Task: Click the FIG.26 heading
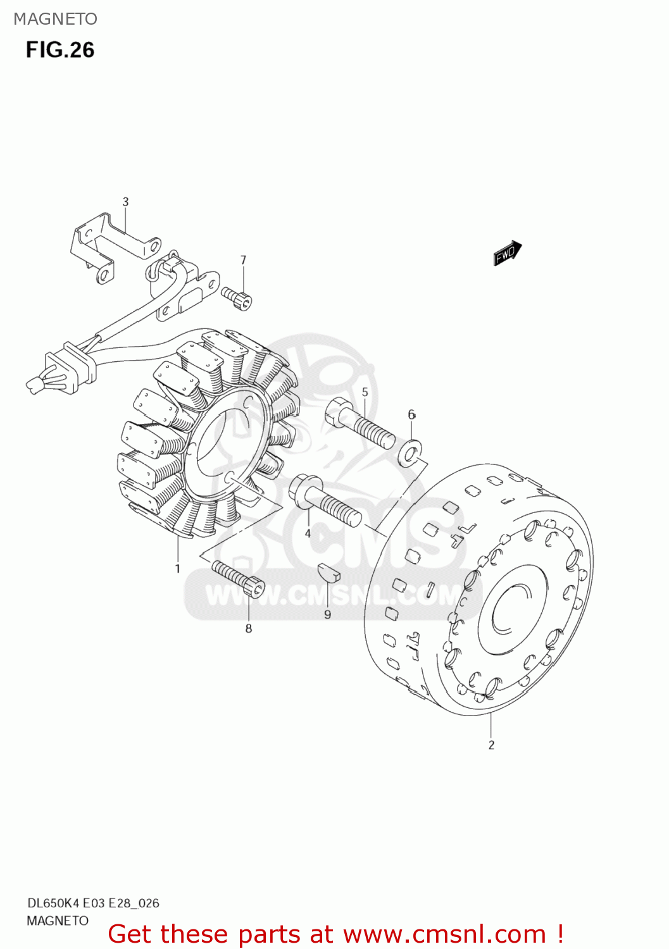click(x=60, y=50)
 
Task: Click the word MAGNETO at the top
click(x=56, y=19)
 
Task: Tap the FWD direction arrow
click(x=507, y=253)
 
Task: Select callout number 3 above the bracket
click(x=125, y=202)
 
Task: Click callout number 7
click(x=243, y=260)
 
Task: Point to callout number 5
click(x=365, y=392)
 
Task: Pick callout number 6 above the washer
click(x=411, y=414)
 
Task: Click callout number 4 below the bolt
click(x=308, y=533)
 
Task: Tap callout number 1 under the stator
click(x=178, y=568)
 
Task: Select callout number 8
click(x=249, y=628)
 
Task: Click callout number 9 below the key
click(x=327, y=614)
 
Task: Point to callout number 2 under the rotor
click(x=491, y=745)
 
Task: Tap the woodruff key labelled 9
click(x=328, y=571)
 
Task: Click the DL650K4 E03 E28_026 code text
click(x=93, y=903)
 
